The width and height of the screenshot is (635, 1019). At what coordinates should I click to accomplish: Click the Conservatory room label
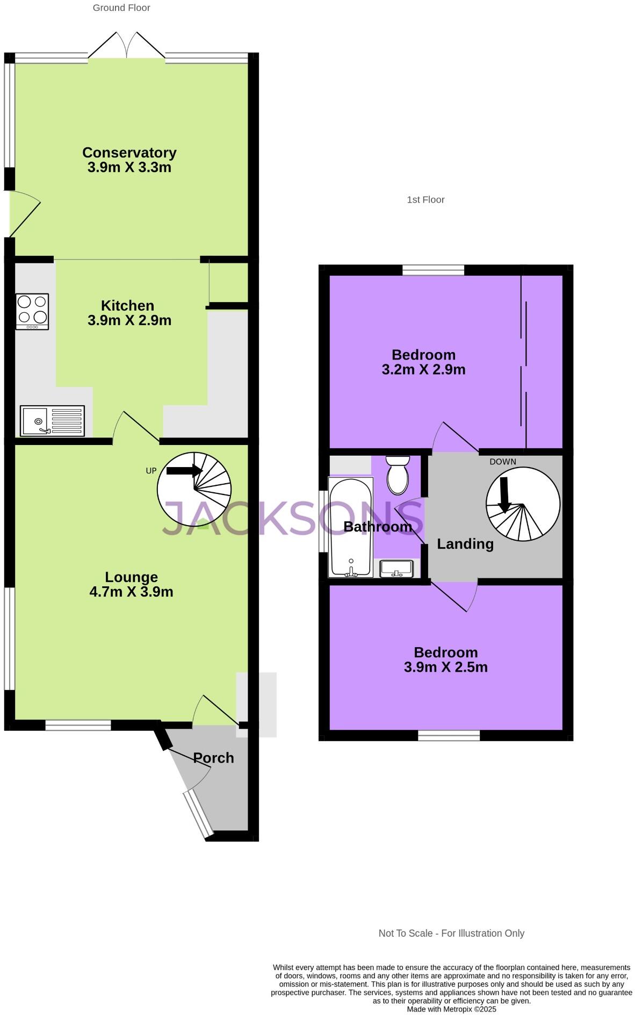pyautogui.click(x=129, y=153)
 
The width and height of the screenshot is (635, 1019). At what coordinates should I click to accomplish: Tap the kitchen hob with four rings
pyautogui.click(x=32, y=311)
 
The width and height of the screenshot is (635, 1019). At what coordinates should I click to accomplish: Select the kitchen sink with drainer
pyautogui.click(x=52, y=420)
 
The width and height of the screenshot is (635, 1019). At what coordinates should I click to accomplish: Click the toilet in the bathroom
pyautogui.click(x=398, y=475)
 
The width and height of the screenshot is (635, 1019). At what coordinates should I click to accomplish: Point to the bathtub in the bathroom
pyautogui.click(x=351, y=527)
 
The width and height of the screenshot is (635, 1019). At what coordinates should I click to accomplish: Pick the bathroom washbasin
pyautogui.click(x=396, y=568)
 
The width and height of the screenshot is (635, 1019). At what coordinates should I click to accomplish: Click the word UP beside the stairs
pyautogui.click(x=151, y=471)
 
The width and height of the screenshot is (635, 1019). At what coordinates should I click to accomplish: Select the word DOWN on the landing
pyautogui.click(x=502, y=462)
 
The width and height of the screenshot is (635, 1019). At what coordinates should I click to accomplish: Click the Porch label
pyautogui.click(x=213, y=758)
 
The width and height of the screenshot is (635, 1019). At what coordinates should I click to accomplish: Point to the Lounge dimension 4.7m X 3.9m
pyautogui.click(x=131, y=592)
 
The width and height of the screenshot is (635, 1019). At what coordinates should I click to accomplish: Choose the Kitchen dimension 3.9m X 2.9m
pyautogui.click(x=129, y=320)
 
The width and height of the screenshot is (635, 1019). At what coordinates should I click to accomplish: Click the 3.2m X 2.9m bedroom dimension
pyautogui.click(x=423, y=369)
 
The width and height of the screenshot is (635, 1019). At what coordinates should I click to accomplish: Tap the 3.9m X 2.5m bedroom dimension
pyautogui.click(x=445, y=667)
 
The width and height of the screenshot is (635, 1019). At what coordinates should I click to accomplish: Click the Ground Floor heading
pyautogui.click(x=121, y=8)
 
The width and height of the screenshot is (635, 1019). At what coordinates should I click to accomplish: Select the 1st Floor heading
pyautogui.click(x=425, y=199)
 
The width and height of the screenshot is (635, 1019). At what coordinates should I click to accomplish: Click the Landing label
pyautogui.click(x=465, y=544)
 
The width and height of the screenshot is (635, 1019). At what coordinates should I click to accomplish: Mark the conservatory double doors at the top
pyautogui.click(x=127, y=47)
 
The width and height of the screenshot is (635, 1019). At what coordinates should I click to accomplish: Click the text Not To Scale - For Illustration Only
pyautogui.click(x=451, y=933)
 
